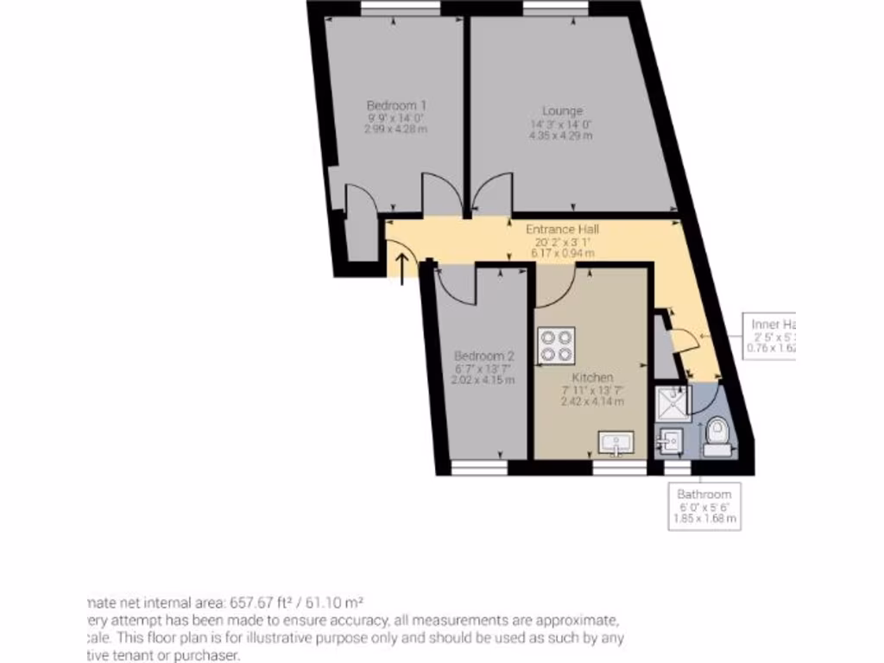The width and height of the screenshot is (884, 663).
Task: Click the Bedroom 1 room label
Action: pos(396,104)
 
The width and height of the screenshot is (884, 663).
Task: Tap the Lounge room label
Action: pos(562,110)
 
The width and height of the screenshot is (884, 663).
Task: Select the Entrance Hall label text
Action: pos(562,230)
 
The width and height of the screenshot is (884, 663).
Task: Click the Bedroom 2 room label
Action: pos(484,356)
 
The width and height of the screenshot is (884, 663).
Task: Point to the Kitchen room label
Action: pos(592,378)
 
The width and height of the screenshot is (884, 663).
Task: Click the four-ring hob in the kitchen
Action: pos(556,345)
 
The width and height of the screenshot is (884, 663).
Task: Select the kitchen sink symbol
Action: pos(617,444)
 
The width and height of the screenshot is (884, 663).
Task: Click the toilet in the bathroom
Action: pos(717,436)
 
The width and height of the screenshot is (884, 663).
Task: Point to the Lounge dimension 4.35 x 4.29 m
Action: pos(561,136)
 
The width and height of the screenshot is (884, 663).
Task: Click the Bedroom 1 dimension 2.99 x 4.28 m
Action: pos(396,129)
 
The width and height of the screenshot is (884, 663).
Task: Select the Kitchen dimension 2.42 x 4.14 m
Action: pos(592,401)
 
